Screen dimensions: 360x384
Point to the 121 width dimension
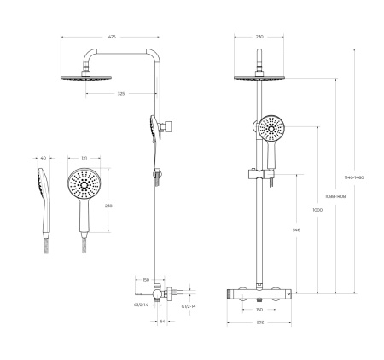pyautogui.click(x=83, y=158)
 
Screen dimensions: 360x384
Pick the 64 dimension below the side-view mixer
pyautogui.click(x=162, y=322)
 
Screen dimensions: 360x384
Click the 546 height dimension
pyautogui.click(x=294, y=229)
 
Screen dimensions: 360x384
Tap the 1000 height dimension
pyautogui.click(x=318, y=210)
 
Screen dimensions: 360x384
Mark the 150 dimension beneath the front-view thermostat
pyautogui.click(x=259, y=310)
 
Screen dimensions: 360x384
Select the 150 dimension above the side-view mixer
pyautogui.click(x=146, y=279)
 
